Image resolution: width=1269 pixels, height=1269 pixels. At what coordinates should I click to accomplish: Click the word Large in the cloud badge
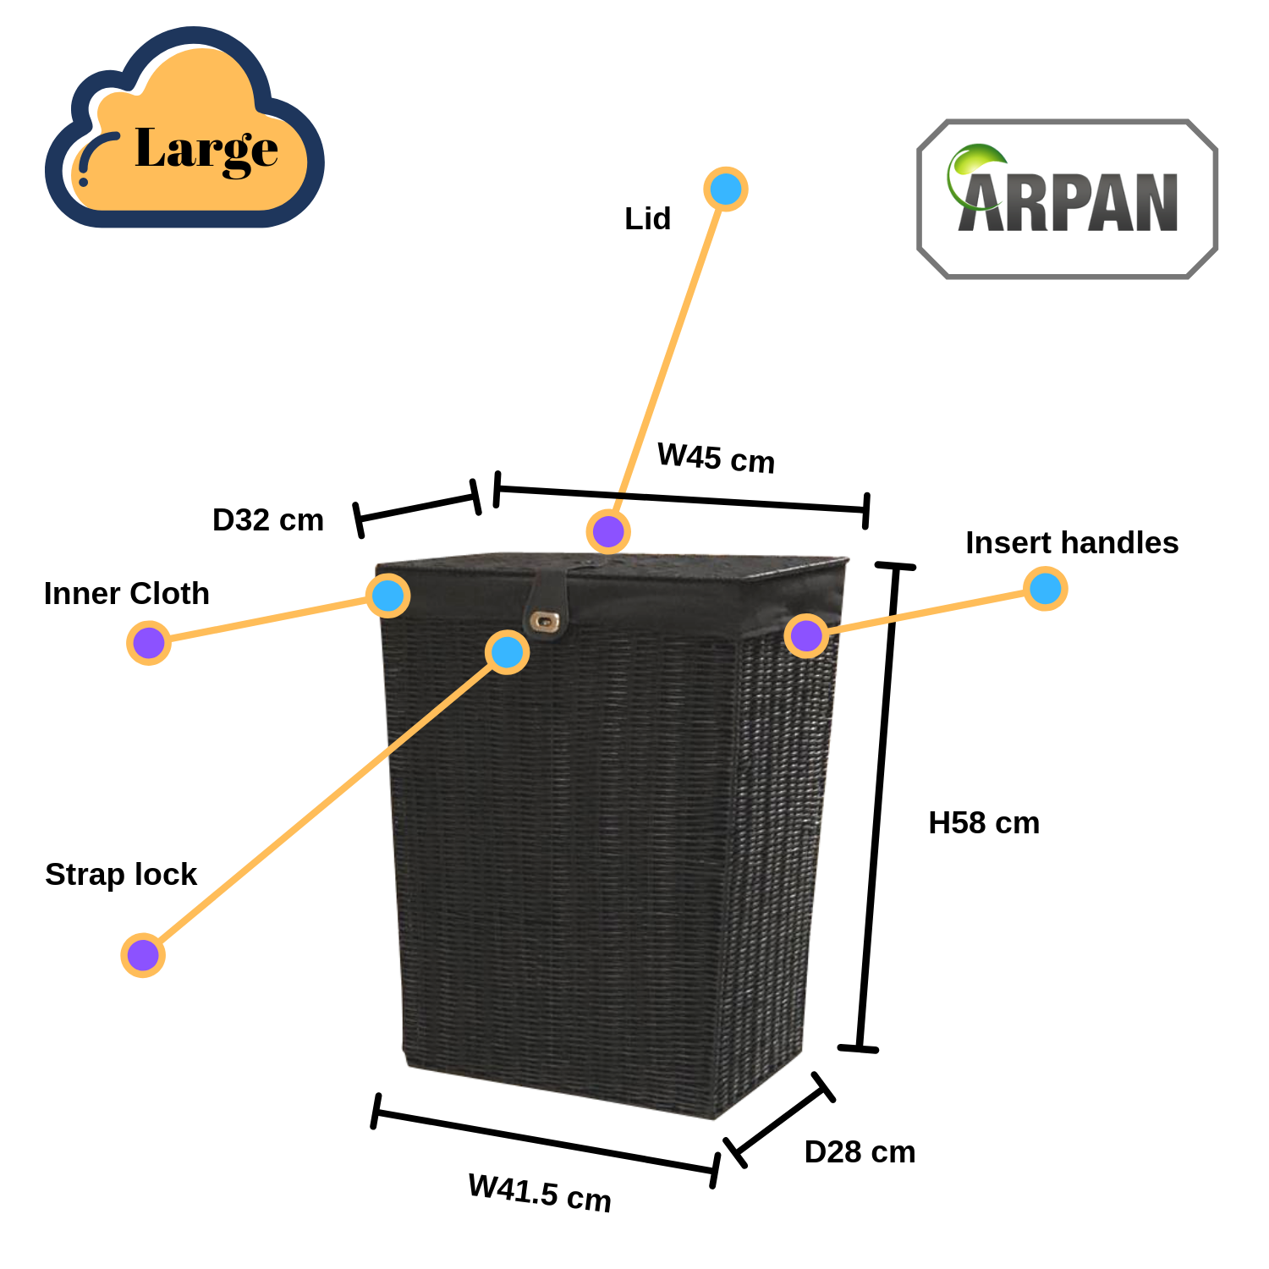206,150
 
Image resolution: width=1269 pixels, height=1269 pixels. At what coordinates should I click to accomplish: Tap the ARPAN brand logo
1068,200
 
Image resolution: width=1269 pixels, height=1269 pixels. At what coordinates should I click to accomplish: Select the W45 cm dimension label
716,459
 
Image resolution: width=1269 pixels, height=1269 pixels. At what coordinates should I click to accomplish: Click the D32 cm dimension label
267,519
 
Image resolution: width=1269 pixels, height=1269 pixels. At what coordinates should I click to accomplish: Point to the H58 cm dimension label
983,822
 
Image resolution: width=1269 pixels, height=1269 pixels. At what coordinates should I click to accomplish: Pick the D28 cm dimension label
860,1151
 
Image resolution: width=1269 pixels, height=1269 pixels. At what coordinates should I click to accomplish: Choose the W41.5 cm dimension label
540,1193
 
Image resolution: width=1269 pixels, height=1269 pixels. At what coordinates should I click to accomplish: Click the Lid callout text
647,218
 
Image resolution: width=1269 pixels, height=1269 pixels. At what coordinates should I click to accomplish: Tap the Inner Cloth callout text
126,593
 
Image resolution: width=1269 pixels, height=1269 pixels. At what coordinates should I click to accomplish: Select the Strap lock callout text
121,874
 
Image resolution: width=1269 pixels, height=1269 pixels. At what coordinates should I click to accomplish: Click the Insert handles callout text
1071,542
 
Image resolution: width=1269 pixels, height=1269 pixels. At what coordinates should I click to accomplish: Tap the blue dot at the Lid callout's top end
725,189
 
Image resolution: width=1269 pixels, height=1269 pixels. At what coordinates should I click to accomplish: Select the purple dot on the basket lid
608,531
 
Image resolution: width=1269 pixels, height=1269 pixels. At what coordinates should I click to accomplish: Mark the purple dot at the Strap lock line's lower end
143,955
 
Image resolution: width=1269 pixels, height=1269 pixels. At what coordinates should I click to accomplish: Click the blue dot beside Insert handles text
1045,588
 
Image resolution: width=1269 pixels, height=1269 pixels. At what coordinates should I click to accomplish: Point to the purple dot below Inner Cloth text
149,642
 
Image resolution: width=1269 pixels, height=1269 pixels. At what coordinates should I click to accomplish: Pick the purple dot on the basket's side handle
806,634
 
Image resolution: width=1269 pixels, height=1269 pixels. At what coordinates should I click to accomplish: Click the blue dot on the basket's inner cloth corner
388,596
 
